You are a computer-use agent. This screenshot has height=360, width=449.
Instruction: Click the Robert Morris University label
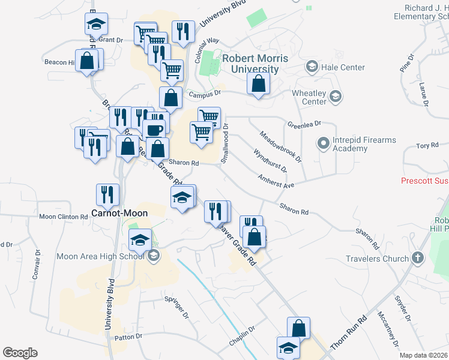[x=255, y=64]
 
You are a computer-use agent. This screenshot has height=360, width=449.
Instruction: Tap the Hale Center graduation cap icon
[x=312, y=66]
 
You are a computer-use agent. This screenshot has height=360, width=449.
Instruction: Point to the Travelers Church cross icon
[x=417, y=259]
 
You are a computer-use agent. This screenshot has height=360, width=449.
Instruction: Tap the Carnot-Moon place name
[x=119, y=212]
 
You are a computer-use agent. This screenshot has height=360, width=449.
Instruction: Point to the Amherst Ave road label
[x=276, y=182]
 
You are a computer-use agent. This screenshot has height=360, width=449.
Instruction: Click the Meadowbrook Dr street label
[x=280, y=146]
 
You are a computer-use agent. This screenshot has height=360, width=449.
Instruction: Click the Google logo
[x=20, y=353]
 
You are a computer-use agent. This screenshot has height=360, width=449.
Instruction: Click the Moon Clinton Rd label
[x=64, y=217]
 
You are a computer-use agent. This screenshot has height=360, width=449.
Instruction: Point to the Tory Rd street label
[x=427, y=146]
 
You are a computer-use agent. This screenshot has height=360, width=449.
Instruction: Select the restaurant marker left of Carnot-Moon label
[x=107, y=194]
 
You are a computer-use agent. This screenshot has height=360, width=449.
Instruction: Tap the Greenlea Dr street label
[x=304, y=123]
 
